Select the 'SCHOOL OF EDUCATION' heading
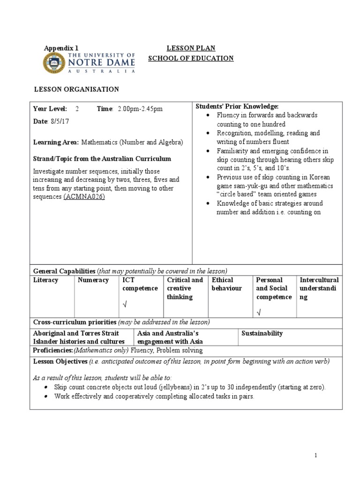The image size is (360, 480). (x=191, y=58)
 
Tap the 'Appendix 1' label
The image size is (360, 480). (x=61, y=48)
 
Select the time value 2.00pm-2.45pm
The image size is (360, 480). (x=140, y=109)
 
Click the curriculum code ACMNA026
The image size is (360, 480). (x=84, y=196)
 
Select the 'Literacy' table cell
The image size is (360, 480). (x=46, y=280)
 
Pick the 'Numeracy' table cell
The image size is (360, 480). (x=93, y=280)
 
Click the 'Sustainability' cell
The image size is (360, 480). (x=262, y=333)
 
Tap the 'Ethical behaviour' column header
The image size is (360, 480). (x=227, y=284)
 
